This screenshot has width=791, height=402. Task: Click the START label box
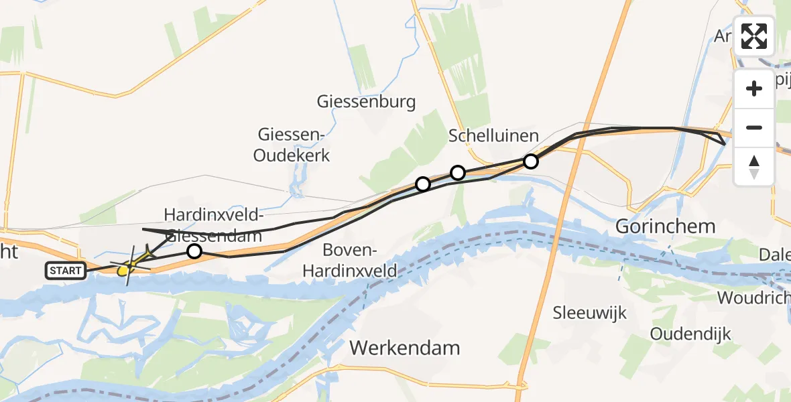coord(66,271)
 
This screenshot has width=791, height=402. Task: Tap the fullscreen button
coord(754,36)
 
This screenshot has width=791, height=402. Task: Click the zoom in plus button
coord(754,88)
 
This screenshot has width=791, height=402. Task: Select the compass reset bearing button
coord(754,166)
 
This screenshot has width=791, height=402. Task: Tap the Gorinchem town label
coord(666,226)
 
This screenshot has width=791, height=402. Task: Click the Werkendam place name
coord(405,348)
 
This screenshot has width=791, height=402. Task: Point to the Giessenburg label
coord(367,102)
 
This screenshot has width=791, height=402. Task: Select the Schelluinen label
coord(493,136)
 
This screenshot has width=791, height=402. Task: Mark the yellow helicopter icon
coord(124,270)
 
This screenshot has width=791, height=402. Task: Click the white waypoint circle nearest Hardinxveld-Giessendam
coord(194,251)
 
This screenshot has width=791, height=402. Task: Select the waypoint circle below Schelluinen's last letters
coord(531,161)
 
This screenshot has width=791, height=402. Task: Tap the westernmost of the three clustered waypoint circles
coord(423,184)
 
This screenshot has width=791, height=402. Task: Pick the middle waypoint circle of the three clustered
coord(458,173)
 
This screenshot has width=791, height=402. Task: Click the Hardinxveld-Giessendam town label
coord(212,225)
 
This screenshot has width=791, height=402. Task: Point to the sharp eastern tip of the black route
coord(725,143)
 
